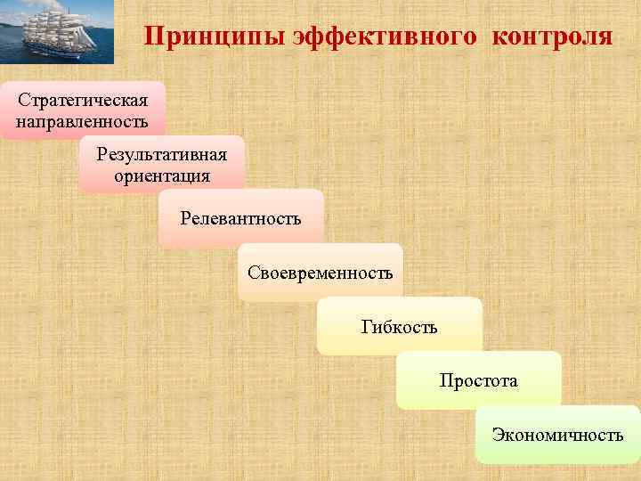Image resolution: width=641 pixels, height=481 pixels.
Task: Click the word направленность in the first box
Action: click(82, 119)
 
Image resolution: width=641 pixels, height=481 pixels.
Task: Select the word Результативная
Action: click(162, 154)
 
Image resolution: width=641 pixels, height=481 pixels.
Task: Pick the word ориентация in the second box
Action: click(162, 175)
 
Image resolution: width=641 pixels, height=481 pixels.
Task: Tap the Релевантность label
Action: click(240, 217)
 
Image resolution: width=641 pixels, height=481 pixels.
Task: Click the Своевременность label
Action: click(320, 272)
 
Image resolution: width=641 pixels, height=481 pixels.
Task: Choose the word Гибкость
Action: click(399, 326)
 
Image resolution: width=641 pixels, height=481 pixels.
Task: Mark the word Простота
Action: click(478, 380)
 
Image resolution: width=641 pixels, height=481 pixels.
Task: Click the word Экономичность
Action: click(557, 435)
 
